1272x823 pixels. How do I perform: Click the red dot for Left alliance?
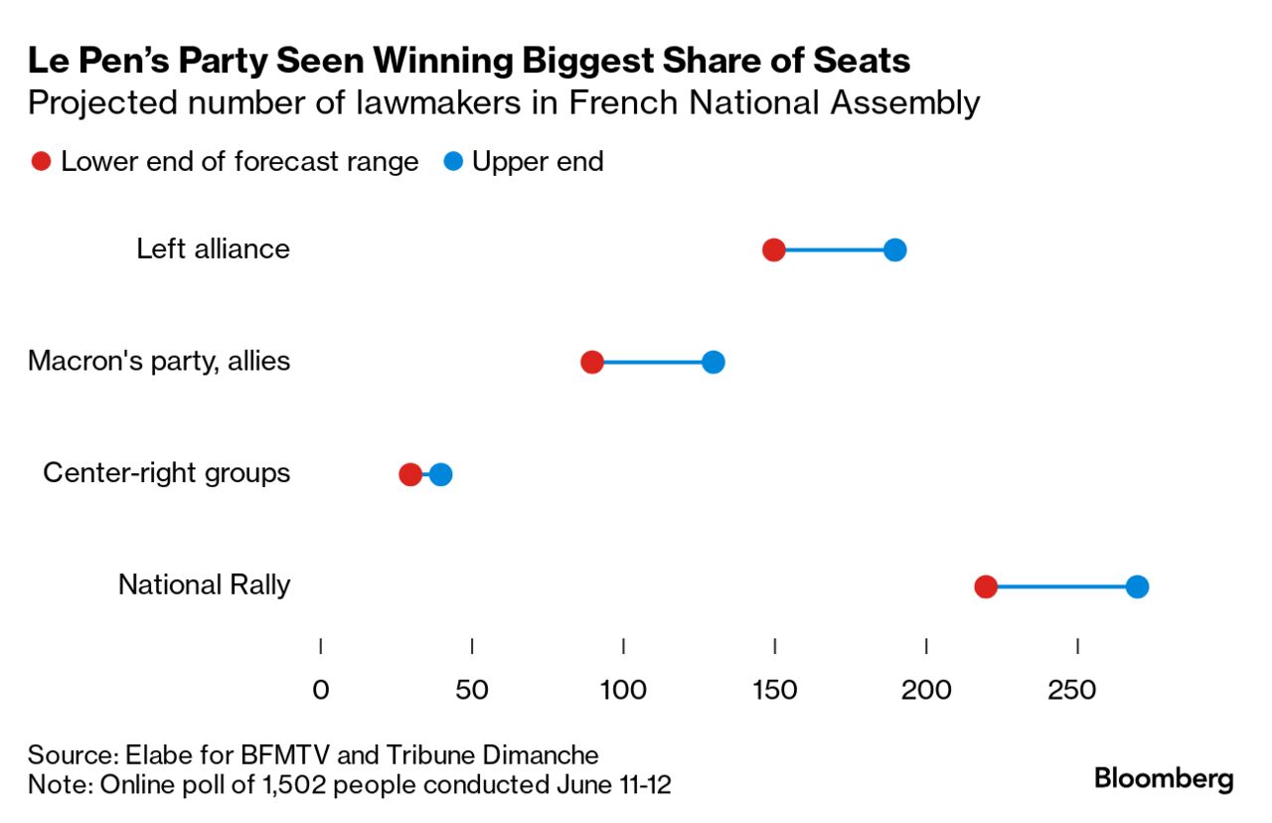coord(774,249)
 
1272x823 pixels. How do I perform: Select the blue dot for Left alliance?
coord(894,249)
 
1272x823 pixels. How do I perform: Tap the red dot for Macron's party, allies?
coord(592,362)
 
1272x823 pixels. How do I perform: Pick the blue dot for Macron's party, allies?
coord(713,362)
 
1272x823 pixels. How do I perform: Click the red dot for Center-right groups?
coord(410,474)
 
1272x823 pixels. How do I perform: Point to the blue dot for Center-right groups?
coord(440,474)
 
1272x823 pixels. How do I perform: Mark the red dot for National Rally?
coord(986,586)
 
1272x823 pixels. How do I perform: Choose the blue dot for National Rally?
coord(1137,586)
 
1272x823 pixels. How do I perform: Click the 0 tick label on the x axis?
coord(321,689)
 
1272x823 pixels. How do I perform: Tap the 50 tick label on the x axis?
coord(472,689)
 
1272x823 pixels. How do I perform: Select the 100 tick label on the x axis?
coord(623,689)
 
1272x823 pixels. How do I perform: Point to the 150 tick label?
coord(774,689)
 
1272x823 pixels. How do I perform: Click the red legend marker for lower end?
coord(42,162)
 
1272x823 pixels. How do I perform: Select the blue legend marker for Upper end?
coord(453,162)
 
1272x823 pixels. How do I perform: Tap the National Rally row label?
coord(204,584)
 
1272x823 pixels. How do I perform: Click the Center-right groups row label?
coord(166,472)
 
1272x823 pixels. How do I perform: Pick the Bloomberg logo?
coord(1164,778)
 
